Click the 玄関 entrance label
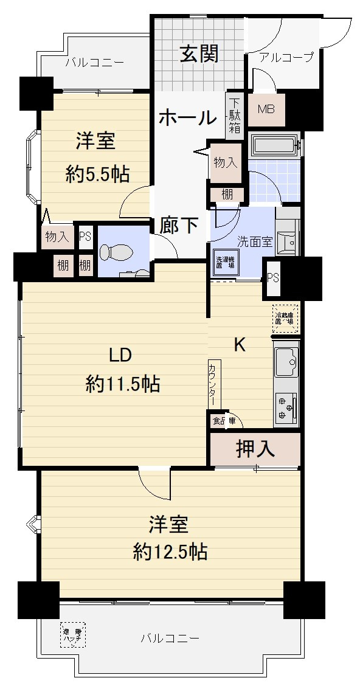(x=198, y=55)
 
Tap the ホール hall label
(x=187, y=117)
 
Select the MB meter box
(x=266, y=109)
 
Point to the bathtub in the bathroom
(x=275, y=147)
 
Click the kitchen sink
(x=286, y=364)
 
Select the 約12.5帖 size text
(x=170, y=552)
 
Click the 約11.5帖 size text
(x=122, y=384)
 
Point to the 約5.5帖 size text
(x=97, y=175)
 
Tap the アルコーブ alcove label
(x=286, y=58)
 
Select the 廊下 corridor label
(x=179, y=225)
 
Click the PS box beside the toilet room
(x=85, y=237)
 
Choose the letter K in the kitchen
(x=240, y=345)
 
